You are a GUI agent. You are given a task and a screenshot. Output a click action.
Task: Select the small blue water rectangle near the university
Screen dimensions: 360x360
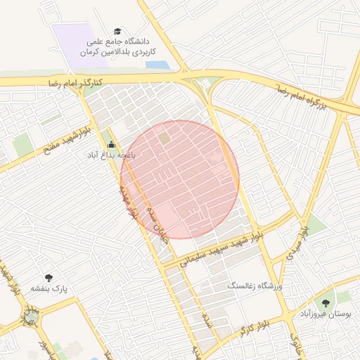[157, 65]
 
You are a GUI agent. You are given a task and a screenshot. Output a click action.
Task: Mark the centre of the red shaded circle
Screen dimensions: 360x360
[180, 179]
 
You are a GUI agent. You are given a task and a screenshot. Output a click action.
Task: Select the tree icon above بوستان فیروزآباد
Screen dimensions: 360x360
[325, 303]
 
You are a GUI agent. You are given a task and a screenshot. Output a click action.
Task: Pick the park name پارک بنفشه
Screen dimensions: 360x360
[48, 288]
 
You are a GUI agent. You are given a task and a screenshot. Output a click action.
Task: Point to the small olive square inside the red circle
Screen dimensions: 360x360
[164, 139]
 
